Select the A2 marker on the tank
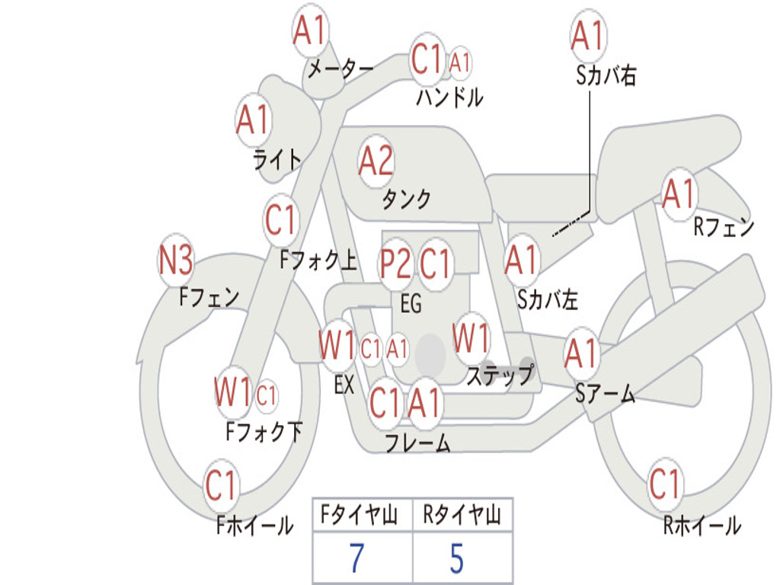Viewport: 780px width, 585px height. (376, 161)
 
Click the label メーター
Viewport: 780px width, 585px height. (340, 70)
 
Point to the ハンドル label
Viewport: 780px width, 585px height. (449, 97)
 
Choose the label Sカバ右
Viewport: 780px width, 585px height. (606, 75)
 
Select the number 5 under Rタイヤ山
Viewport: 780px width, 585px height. (456, 558)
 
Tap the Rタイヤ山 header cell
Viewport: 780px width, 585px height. (462, 516)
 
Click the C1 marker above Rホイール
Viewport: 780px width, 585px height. (664, 484)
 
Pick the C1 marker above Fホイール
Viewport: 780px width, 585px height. (222, 484)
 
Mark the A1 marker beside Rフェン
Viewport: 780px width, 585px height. (679, 194)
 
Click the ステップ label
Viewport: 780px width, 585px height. (500, 376)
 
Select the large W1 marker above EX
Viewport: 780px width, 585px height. (337, 347)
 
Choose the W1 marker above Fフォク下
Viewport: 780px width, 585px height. (232, 393)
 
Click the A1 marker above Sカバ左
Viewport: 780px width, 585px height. (522, 260)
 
